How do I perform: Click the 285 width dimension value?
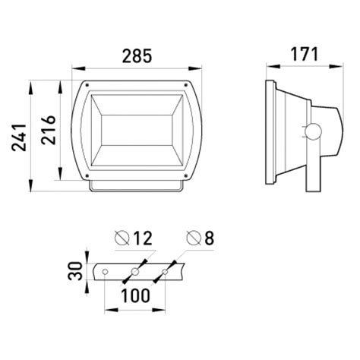(x=137, y=55)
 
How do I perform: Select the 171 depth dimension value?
(x=304, y=54)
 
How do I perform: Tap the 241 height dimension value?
(x=19, y=137)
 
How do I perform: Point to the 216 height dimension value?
(x=49, y=130)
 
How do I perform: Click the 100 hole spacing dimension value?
(x=135, y=295)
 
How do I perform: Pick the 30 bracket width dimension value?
(x=75, y=271)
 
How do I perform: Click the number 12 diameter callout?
(x=143, y=238)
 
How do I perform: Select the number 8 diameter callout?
(x=209, y=238)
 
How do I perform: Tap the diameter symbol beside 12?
(x=122, y=238)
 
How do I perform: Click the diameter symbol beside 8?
(x=194, y=238)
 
